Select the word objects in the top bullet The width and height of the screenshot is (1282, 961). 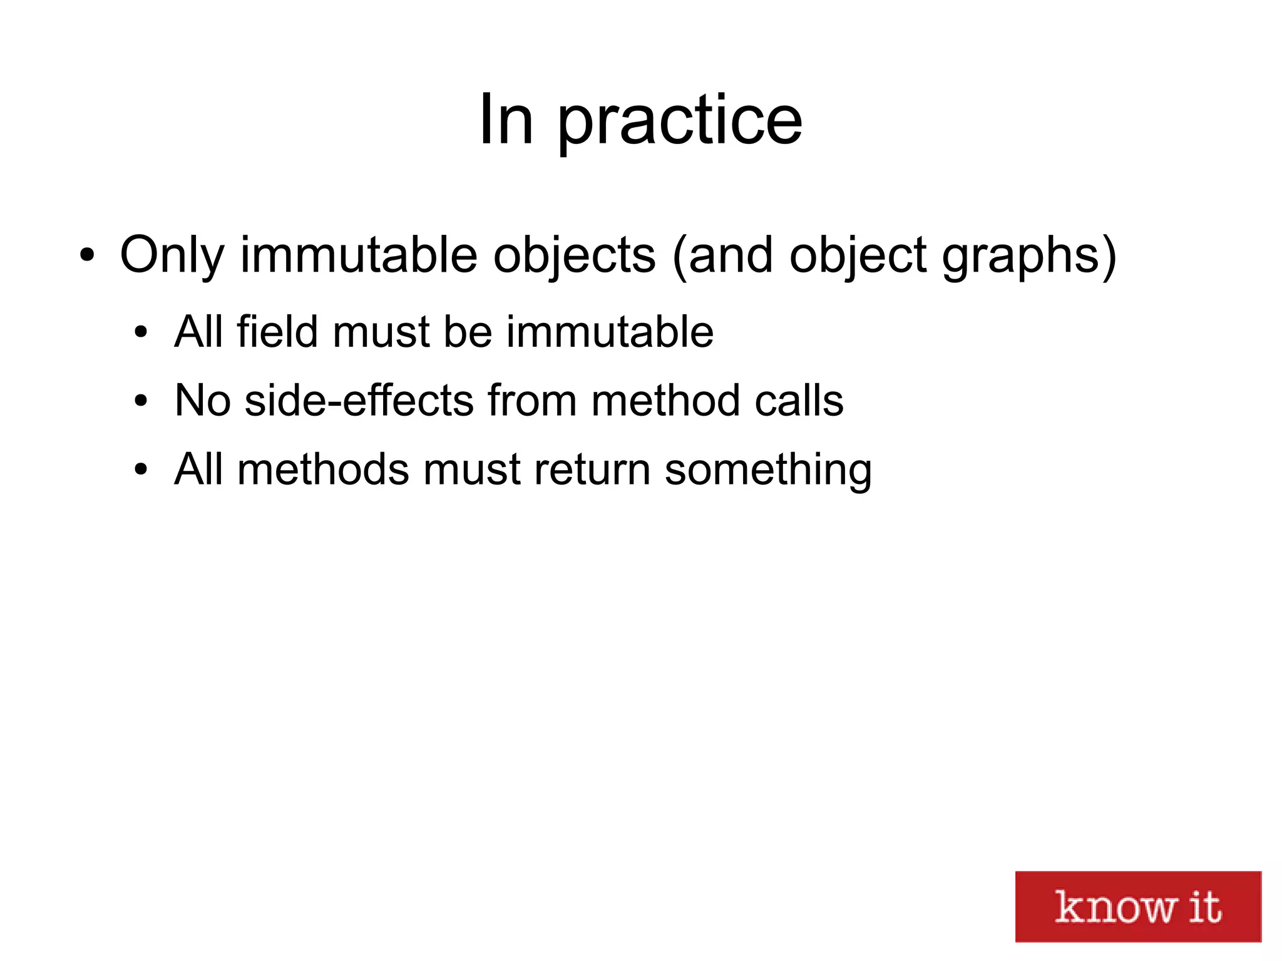coord(574,255)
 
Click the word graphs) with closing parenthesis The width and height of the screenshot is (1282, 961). coord(1029,255)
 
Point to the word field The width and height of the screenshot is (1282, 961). coord(277,331)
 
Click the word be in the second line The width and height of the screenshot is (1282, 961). coord(468,331)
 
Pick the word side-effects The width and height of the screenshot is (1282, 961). coord(359,400)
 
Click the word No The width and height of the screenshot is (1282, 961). coord(202,400)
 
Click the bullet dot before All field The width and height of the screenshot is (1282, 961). coord(141,332)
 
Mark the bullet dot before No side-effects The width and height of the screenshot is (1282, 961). coord(141,401)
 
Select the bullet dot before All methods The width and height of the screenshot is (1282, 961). coord(141,470)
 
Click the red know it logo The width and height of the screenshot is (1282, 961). coord(1137,906)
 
